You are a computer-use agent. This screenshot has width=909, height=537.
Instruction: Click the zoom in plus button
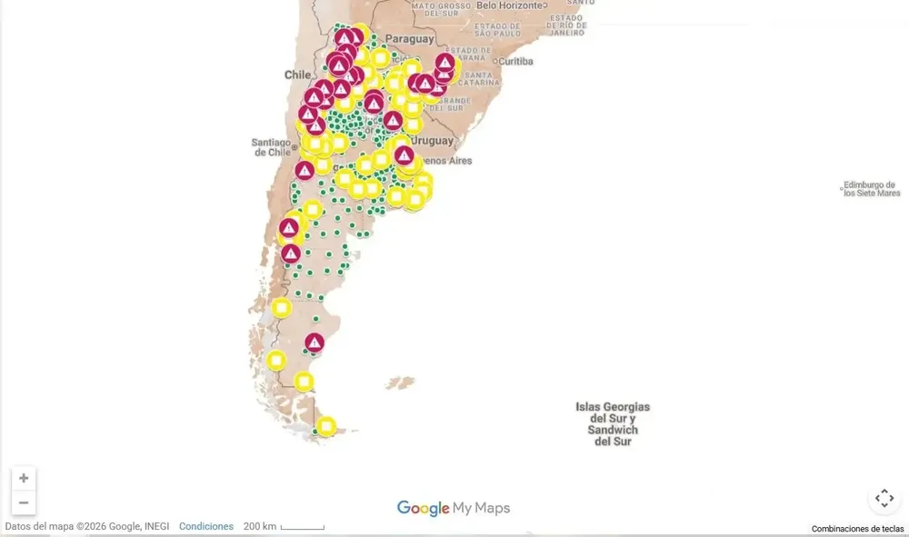click(x=24, y=479)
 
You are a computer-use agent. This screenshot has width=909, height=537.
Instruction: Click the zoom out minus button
click(x=24, y=502)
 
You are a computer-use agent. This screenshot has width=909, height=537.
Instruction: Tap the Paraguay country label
click(x=409, y=39)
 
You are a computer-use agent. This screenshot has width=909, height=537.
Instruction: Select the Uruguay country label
click(x=432, y=141)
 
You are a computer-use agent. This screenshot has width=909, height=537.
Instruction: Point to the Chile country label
click(x=297, y=75)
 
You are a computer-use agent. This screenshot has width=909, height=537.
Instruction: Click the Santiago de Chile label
click(x=271, y=147)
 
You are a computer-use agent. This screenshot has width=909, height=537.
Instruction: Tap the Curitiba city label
click(x=515, y=61)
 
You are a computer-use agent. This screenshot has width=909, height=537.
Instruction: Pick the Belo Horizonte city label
click(x=509, y=5)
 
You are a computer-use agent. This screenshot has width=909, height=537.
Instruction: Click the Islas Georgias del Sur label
click(x=612, y=423)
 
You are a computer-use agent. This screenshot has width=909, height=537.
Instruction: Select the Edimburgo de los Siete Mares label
click(x=871, y=189)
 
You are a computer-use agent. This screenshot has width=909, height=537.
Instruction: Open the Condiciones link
click(x=206, y=527)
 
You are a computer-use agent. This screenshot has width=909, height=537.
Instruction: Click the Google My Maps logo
click(x=454, y=509)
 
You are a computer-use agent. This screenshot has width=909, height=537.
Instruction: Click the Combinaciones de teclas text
click(x=857, y=529)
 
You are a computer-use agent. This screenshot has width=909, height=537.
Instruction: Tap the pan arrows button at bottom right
click(x=884, y=498)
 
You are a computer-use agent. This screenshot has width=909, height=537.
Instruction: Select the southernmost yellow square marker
click(x=325, y=426)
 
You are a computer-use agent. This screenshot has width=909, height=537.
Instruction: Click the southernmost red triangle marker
click(x=315, y=343)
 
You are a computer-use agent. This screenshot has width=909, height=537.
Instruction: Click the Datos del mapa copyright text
click(x=86, y=527)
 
